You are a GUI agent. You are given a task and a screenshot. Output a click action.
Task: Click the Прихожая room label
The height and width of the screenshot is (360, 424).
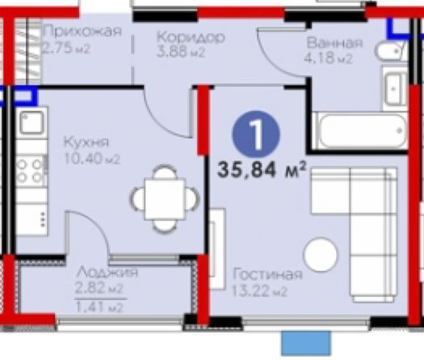(82, 31)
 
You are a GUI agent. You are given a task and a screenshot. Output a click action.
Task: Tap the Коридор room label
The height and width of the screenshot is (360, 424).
(191, 37)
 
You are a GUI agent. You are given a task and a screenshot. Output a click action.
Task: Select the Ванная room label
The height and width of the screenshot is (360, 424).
(334, 44)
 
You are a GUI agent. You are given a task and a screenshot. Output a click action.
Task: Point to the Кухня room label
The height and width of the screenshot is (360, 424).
(86, 142)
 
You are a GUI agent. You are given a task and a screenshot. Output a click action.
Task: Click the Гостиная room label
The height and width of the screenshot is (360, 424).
(267, 274)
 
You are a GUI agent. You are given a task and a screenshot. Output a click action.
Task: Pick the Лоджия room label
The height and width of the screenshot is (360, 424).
(107, 273)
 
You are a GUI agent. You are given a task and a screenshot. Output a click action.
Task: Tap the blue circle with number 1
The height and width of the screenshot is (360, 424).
(256, 134)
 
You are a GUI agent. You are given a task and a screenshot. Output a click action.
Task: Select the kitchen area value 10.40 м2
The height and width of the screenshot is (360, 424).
(92, 159)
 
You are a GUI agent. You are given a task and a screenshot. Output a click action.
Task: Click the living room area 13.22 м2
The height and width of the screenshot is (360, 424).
(259, 291)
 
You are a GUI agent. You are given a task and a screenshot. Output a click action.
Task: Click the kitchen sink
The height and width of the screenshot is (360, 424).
(31, 123)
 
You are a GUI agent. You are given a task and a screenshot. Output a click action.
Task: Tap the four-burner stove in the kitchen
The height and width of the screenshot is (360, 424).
(31, 171)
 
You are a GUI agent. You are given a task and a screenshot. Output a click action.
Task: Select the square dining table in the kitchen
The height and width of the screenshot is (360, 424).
(165, 199)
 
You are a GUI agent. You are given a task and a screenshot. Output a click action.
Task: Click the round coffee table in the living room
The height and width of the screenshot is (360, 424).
(320, 254)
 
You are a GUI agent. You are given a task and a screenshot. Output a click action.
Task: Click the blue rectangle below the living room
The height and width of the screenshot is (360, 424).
(306, 343)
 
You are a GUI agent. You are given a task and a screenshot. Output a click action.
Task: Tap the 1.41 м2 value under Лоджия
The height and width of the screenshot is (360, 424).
(99, 308)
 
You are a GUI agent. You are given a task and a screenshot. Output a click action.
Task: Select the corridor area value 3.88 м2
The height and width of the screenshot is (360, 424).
(181, 52)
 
